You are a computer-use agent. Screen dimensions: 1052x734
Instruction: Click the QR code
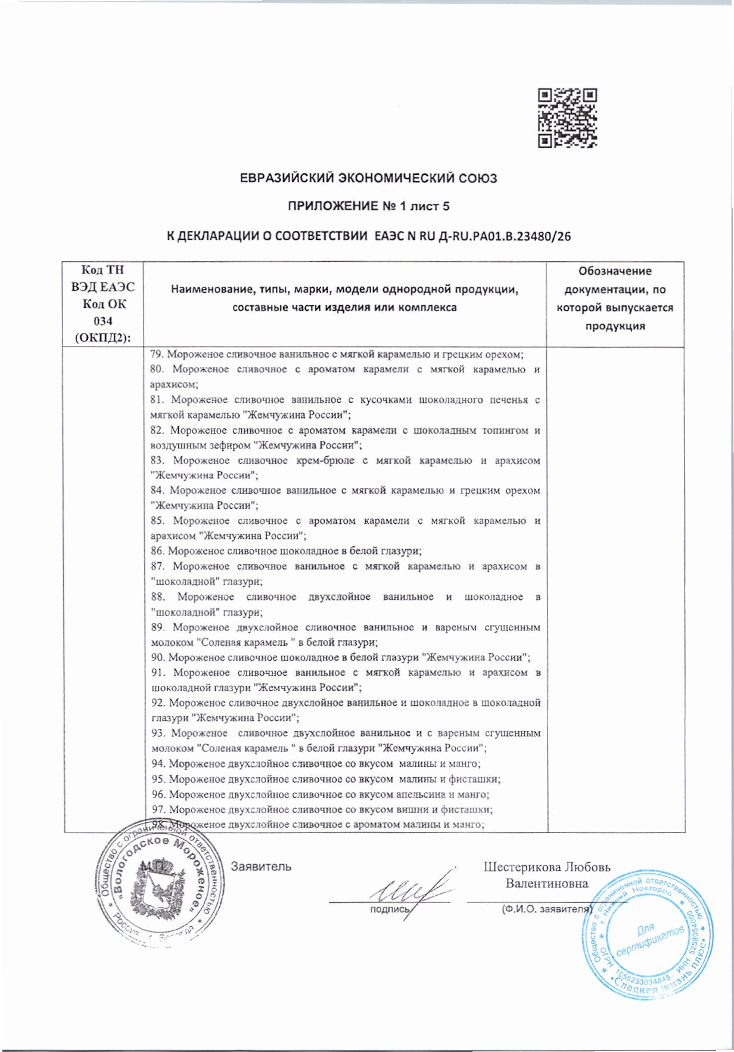coord(567,117)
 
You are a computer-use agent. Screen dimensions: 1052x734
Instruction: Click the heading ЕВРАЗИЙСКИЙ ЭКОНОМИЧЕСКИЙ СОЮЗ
coord(368,178)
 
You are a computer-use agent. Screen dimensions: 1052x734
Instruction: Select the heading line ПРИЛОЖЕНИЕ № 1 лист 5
coord(368,206)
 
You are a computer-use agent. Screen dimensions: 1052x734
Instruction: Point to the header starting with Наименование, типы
coord(345,299)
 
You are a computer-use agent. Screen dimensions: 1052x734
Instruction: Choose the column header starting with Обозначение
coord(615,299)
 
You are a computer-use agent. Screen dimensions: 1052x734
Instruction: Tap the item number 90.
coord(158,657)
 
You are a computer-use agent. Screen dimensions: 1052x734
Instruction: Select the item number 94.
coord(158,763)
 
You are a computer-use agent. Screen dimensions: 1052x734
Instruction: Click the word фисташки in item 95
coord(479,779)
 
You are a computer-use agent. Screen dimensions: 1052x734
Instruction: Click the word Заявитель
coord(261,866)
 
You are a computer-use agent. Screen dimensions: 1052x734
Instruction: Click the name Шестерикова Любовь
coord(546,867)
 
